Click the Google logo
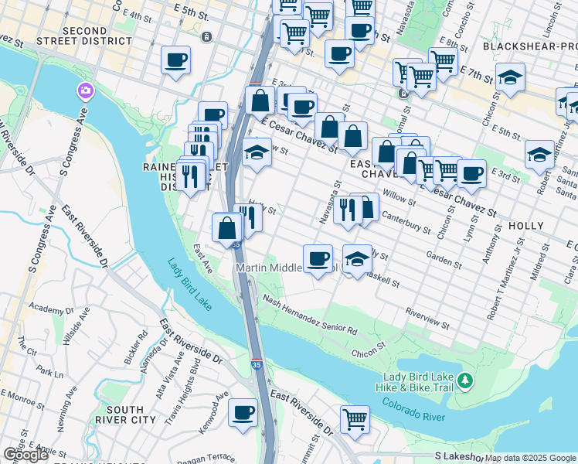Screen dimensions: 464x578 click(25, 455)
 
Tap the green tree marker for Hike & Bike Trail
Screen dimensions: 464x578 click(464, 380)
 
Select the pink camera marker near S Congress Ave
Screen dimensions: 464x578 click(84, 91)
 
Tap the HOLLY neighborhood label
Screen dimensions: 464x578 click(527, 225)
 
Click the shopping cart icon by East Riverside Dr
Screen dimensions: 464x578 click(355, 421)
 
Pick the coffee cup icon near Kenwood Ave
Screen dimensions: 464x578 click(243, 413)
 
